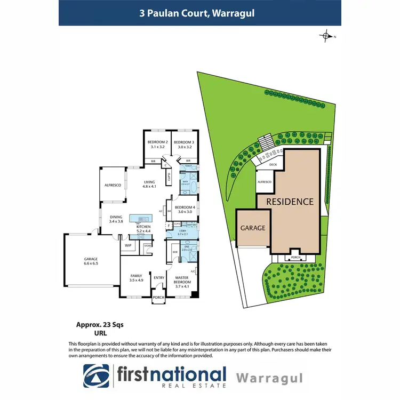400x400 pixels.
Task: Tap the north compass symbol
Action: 326,36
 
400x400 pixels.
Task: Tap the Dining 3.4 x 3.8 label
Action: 116,219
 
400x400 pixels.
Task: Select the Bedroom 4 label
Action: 185,209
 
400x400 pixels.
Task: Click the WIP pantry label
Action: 128,245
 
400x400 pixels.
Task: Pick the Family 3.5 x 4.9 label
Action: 137,277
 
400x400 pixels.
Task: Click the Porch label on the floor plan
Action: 158,298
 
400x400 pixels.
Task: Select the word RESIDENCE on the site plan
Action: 290,202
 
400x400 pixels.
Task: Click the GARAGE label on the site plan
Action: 253,227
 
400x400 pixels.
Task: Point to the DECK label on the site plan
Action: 274,165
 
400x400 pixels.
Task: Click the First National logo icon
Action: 96,377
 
